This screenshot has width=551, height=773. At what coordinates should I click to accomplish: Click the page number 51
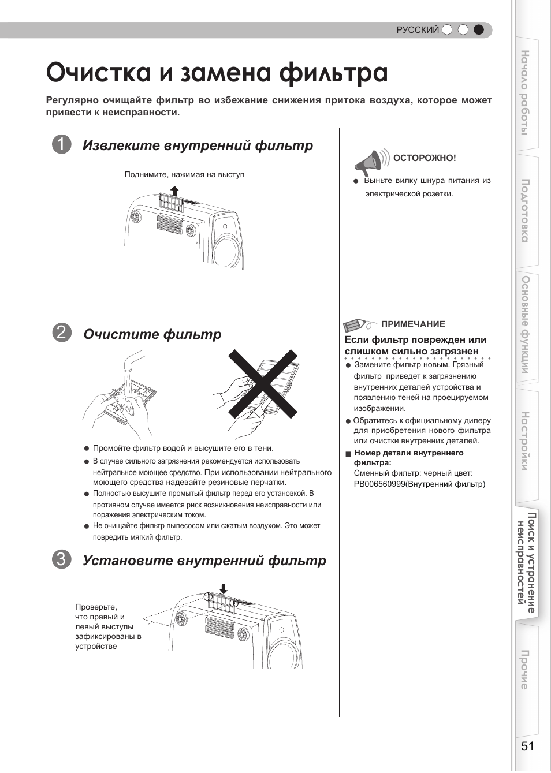click(x=527, y=746)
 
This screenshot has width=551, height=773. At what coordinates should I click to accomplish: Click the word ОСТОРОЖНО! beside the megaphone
click(x=425, y=158)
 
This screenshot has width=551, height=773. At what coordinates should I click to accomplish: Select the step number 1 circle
click(x=61, y=145)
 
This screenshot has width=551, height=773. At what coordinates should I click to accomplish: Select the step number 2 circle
click(x=61, y=333)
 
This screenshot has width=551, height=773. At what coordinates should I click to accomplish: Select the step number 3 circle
click(x=61, y=559)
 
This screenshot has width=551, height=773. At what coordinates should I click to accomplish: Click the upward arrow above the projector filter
click(x=174, y=191)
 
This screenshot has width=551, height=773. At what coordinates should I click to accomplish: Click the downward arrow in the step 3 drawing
click(x=223, y=589)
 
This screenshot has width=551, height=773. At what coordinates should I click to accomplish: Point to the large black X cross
click(x=263, y=384)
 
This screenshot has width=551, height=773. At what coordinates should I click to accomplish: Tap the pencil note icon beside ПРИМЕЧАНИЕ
click(x=358, y=324)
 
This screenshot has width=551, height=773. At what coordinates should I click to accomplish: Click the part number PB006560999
click(x=379, y=484)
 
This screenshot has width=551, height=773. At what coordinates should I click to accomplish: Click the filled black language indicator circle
click(x=478, y=30)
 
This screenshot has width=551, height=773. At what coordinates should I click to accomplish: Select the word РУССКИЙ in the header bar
click(x=417, y=30)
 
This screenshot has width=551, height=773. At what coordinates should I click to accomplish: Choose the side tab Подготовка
click(x=525, y=210)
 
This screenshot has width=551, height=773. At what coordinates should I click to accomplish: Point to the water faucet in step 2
click(x=132, y=364)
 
